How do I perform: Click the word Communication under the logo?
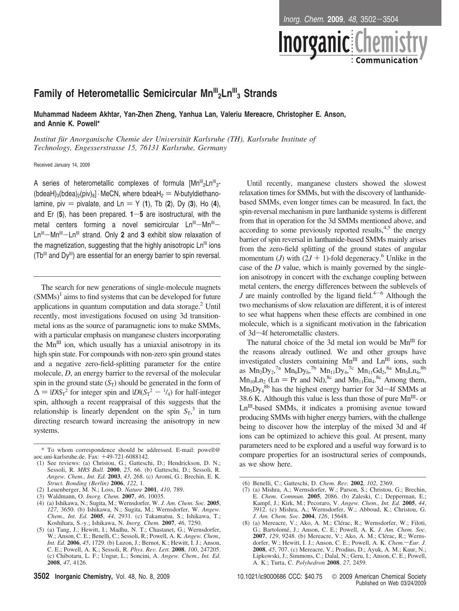coord(386,61)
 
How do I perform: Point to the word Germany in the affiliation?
coord(212,148)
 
